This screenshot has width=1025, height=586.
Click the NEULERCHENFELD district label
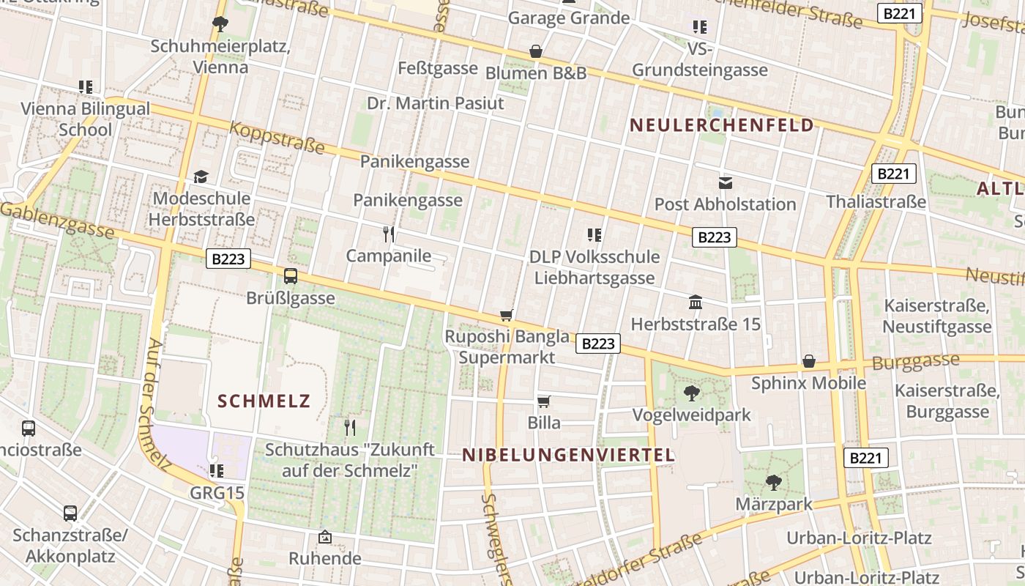coord(721,125)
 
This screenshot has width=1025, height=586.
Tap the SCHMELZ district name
coord(264,401)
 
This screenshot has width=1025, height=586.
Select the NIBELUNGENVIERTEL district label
coord(568,455)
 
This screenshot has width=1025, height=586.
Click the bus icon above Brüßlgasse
coord(291,276)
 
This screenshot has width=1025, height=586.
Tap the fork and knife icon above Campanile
coord(389,234)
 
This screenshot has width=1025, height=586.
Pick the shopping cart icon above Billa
coord(544,401)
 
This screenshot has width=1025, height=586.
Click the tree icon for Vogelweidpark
coord(691,394)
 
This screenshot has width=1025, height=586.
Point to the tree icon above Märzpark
coord(773,483)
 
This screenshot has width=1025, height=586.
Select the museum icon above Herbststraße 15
coord(696,302)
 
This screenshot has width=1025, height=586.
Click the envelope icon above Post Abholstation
coord(725,182)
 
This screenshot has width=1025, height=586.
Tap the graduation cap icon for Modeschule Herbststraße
coord(201,177)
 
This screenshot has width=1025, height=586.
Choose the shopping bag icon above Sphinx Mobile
coord(809,361)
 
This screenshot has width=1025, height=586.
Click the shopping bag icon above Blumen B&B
coord(536,51)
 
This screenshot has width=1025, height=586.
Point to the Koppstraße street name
coord(277,138)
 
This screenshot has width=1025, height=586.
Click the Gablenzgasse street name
coord(57,220)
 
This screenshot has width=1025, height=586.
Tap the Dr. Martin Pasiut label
coord(436,103)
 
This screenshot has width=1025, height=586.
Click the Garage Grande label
coord(569,18)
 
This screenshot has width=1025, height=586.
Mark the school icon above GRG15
coord(216,470)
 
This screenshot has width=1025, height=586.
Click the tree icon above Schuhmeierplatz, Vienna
coord(220,24)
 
